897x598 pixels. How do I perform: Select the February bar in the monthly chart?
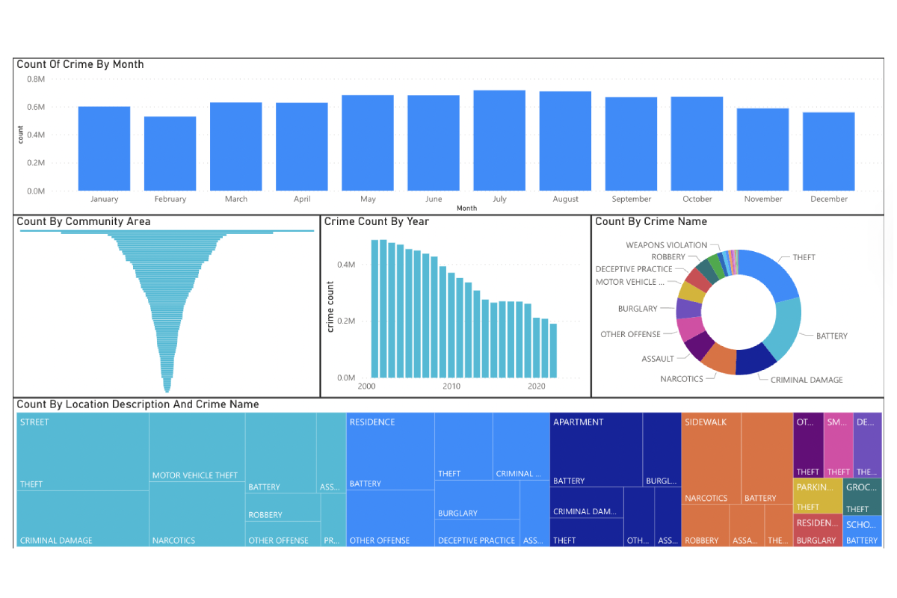click(x=170, y=153)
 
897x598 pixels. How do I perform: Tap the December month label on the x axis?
click(x=829, y=200)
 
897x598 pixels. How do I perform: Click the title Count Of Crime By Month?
click(x=80, y=64)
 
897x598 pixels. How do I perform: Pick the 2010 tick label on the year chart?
click(x=451, y=386)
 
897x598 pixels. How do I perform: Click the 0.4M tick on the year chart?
click(x=345, y=265)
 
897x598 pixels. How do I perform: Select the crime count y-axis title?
click(x=330, y=307)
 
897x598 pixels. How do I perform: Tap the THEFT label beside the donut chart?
click(x=804, y=258)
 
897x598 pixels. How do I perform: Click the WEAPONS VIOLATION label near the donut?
click(x=666, y=245)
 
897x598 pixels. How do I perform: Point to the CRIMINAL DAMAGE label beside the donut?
click(x=806, y=380)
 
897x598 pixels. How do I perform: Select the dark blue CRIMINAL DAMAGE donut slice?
click(x=756, y=358)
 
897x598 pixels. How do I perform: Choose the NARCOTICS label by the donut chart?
click(x=681, y=379)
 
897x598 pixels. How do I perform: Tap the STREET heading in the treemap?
click(x=34, y=422)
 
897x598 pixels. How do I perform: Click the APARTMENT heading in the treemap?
click(x=578, y=422)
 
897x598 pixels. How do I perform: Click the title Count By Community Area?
click(x=83, y=221)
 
